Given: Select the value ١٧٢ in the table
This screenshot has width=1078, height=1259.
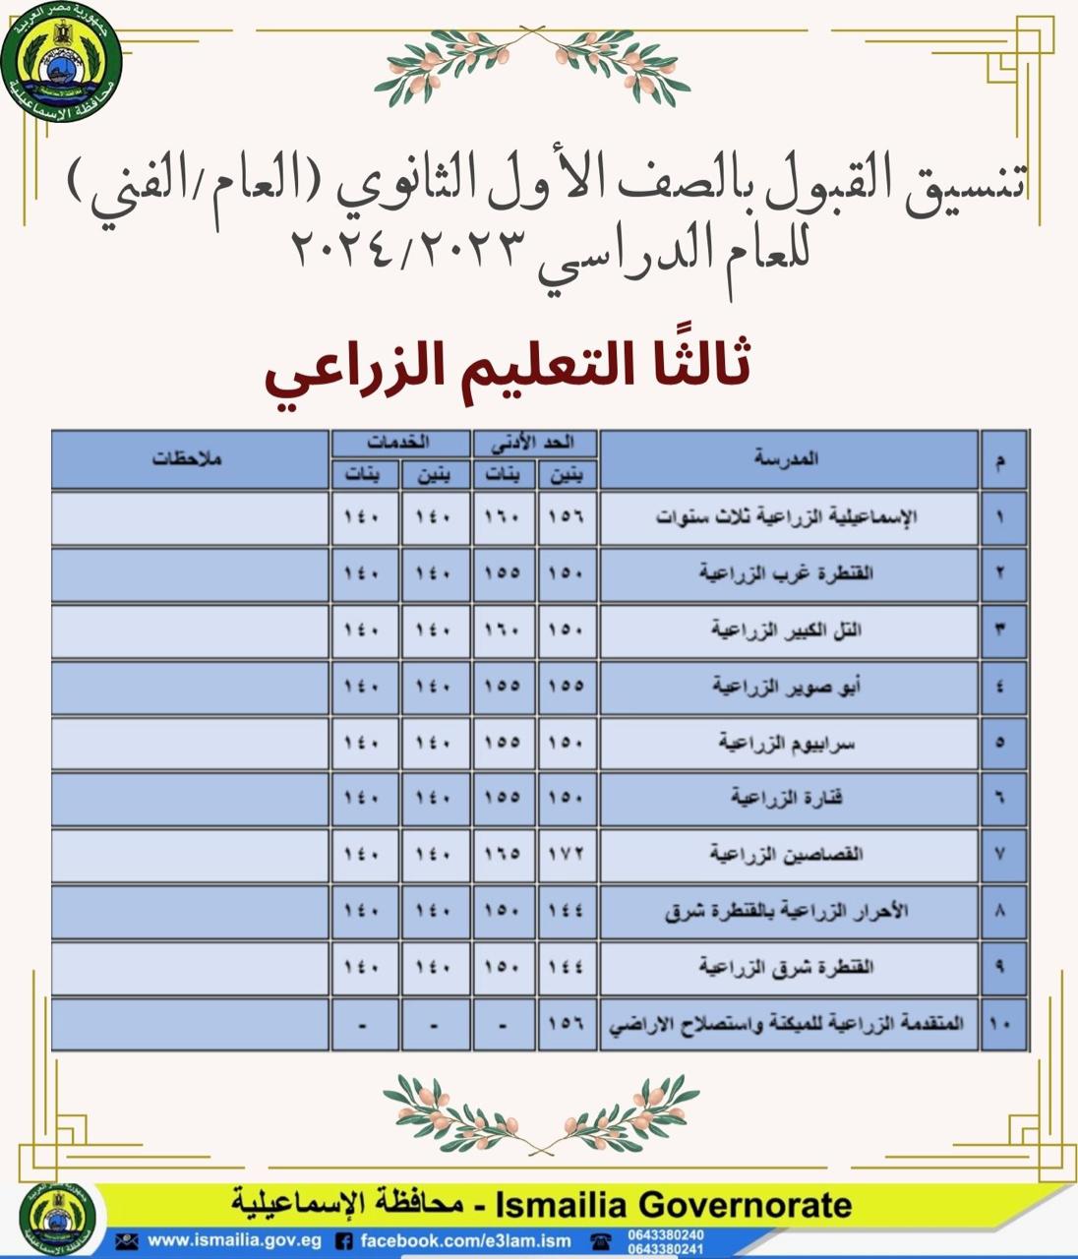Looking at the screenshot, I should (x=567, y=854).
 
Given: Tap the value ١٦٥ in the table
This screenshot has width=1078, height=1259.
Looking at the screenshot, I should (x=503, y=854).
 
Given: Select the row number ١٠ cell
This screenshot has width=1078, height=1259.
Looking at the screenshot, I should (x=1000, y=1024).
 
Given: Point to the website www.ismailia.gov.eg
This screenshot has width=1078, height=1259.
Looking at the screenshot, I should (x=234, y=1240).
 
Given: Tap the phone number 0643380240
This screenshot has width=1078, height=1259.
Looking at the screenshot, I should (x=666, y=1234).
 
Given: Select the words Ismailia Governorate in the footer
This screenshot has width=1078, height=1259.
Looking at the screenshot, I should (x=674, y=1205).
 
